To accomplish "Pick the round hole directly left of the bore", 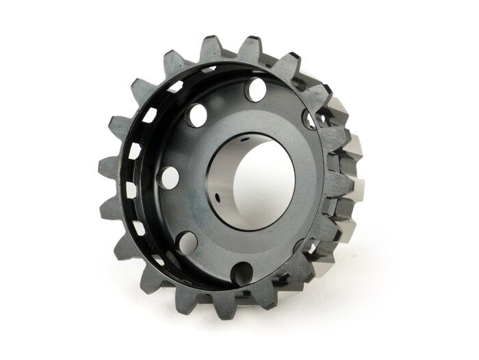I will click(168, 177).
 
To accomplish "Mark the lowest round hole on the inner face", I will click(242, 273).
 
